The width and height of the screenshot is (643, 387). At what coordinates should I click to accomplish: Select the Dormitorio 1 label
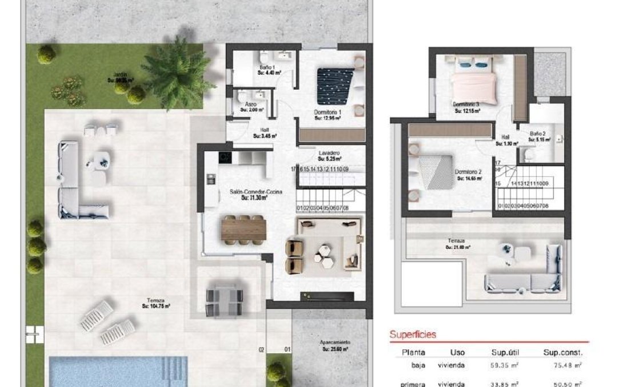pyautogui.click(x=328, y=112)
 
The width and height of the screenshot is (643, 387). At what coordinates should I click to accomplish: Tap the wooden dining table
pyautogui.click(x=244, y=229)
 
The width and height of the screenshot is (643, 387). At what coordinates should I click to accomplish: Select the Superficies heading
pyautogui.click(x=413, y=334)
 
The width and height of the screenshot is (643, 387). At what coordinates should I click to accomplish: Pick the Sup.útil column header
pyautogui.click(x=505, y=352)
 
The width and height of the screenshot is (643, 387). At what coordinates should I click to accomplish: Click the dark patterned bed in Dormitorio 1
pyautogui.click(x=336, y=86)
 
